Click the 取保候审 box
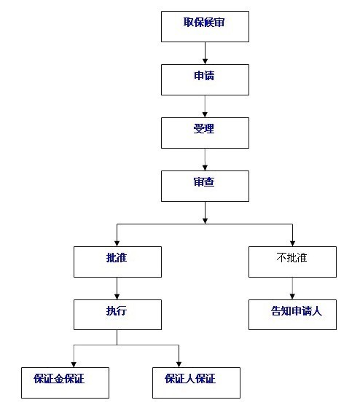205,26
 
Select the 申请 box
205,79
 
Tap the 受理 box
205,133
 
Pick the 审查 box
205,186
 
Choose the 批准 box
117,262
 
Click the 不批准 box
292,262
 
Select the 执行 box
117,314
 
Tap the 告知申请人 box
292,314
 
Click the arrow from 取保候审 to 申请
205,53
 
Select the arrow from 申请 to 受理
205,106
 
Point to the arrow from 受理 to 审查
205,159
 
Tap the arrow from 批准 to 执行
117,288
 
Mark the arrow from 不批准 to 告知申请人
292,288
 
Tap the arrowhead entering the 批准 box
117,243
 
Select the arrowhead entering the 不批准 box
292,243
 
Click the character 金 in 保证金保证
65,379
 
